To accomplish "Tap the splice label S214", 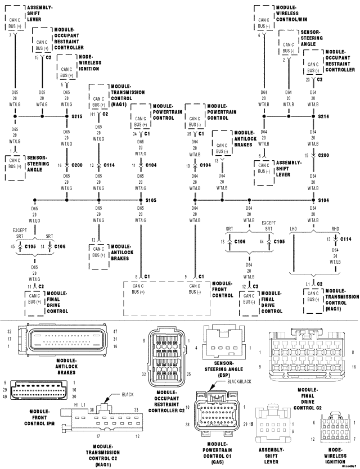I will pyautogui.click(x=323, y=117).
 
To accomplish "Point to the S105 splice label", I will pyautogui.click(x=151, y=200).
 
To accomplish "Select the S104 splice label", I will pyautogui.click(x=323, y=200).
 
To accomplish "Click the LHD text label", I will pyautogui.click(x=293, y=229).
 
